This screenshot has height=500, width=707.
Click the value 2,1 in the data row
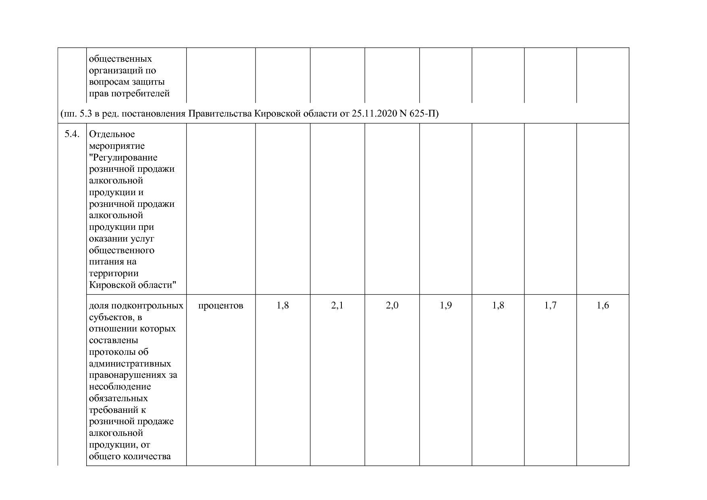tap(337, 306)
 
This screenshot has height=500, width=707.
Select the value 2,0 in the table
tap(392, 306)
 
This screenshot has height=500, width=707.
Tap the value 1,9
tap(445, 306)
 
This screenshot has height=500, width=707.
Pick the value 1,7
tap(550, 306)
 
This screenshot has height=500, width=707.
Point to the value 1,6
tap(603, 306)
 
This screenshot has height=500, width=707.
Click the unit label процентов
tap(220, 306)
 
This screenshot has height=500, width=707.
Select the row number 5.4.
tap(72, 134)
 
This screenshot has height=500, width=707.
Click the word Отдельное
tap(112, 134)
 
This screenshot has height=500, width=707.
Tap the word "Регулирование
tap(123, 158)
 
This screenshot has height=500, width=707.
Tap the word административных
tap(130, 364)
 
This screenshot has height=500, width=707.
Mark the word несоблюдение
tap(120, 387)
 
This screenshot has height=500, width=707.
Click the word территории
tap(114, 273)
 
